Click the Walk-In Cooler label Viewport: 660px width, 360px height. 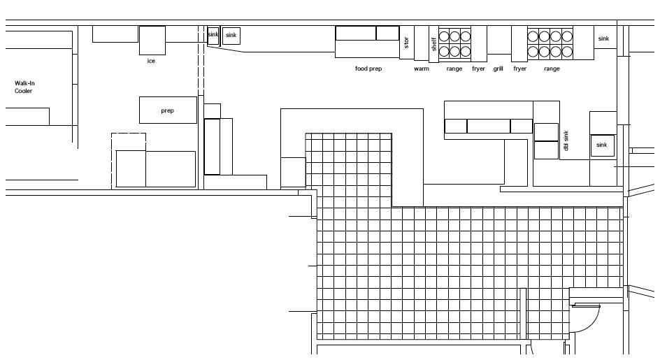(24, 87)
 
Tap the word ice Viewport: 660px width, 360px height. (150, 62)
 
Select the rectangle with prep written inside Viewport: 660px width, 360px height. (168, 110)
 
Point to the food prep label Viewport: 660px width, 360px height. (368, 69)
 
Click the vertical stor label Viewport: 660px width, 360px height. (406, 42)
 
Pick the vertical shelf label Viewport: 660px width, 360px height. (433, 43)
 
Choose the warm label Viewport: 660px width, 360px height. (422, 69)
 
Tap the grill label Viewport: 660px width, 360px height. (498, 69)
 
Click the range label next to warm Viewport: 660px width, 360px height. (454, 69)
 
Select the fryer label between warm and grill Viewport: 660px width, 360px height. (478, 69)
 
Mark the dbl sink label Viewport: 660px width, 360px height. (566, 141)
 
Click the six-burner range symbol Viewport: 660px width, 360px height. (454, 43)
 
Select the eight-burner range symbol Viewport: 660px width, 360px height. (550, 43)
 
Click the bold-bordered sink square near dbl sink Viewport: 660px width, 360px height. (602, 145)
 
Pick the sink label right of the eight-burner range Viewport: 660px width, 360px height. (603, 38)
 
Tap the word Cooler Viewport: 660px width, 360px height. (23, 91)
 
